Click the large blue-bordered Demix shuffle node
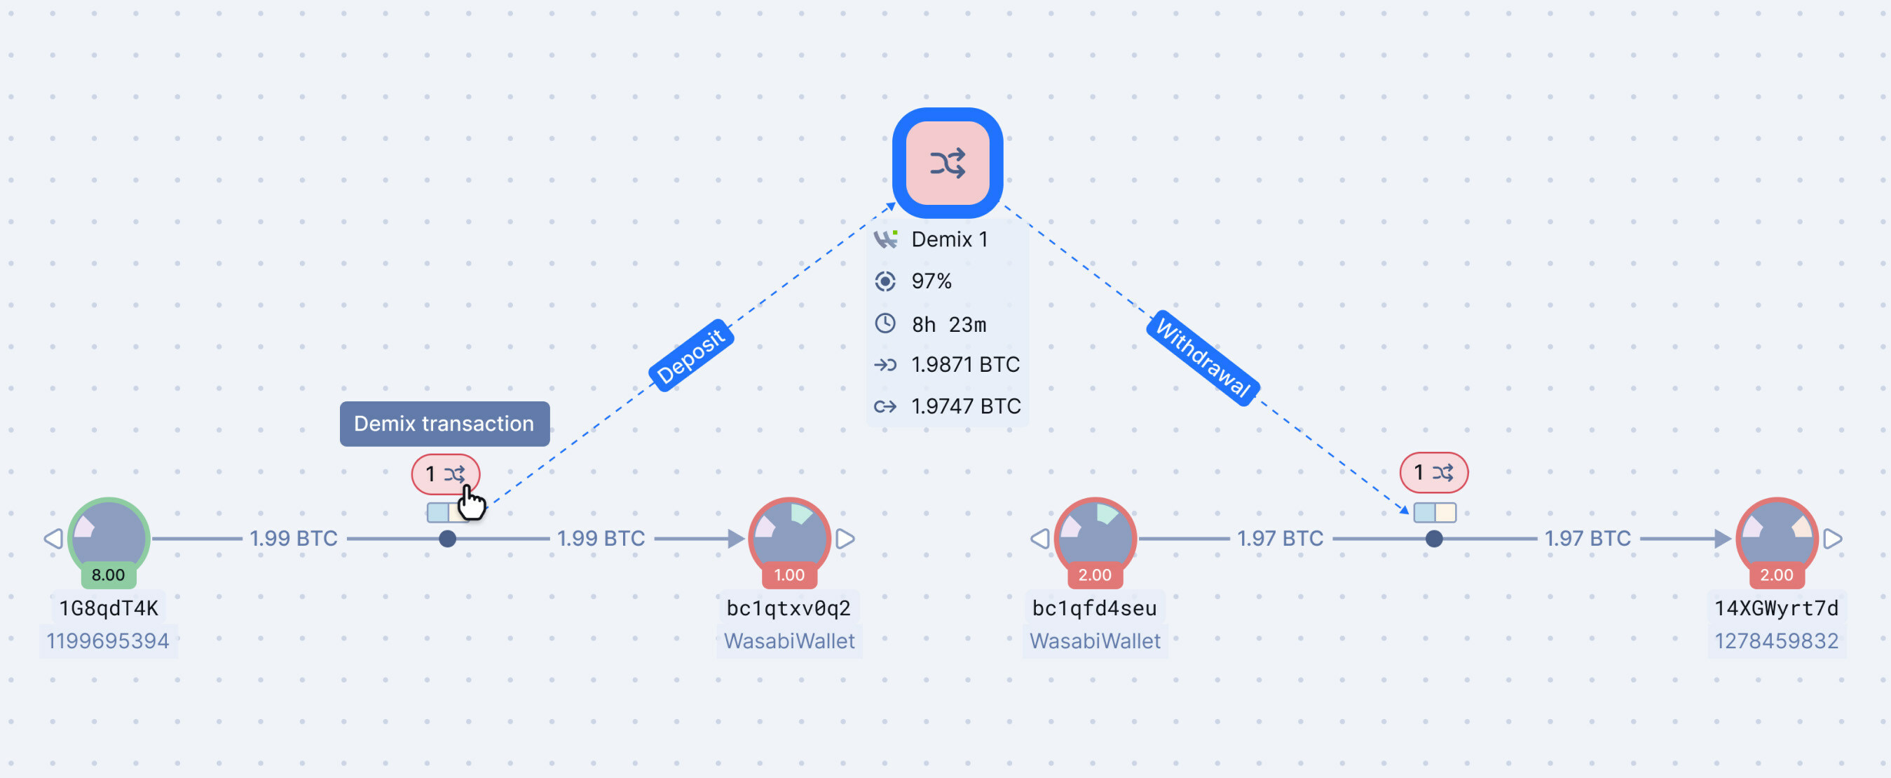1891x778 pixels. click(x=947, y=163)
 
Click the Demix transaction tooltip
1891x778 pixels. click(x=444, y=424)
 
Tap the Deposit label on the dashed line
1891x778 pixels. click(x=691, y=356)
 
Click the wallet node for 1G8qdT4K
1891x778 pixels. click(x=109, y=536)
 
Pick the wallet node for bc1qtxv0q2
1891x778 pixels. click(x=789, y=536)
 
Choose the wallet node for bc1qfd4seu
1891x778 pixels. click(x=1095, y=536)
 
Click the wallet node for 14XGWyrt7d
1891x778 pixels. click(x=1776, y=536)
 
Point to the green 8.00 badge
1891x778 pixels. click(x=108, y=575)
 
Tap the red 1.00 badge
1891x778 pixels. click(x=789, y=575)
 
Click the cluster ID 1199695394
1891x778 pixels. click(x=108, y=640)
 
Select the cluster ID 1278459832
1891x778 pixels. click(x=1776, y=640)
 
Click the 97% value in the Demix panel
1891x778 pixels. click(x=931, y=281)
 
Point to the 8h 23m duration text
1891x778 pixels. click(x=948, y=324)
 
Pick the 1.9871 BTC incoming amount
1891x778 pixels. click(x=964, y=364)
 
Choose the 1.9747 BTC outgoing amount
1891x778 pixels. click(x=965, y=406)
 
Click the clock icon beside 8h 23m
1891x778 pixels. click(x=885, y=323)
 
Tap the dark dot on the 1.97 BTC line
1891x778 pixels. click(x=1433, y=539)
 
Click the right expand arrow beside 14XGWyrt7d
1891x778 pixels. click(x=1833, y=539)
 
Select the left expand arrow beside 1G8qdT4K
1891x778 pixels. click(x=53, y=539)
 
